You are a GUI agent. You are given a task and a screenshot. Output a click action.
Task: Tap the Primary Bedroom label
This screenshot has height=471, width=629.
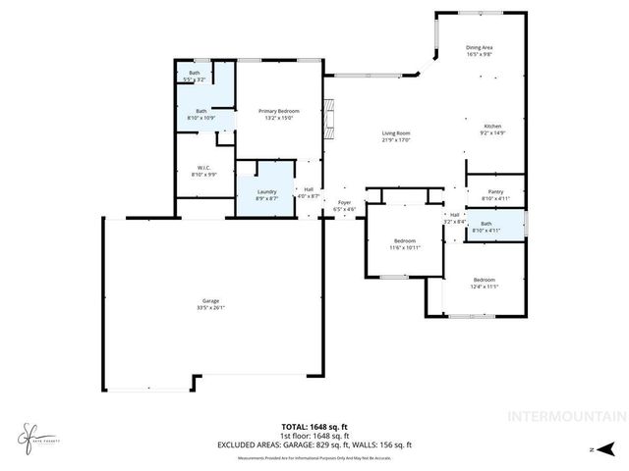click(279, 111)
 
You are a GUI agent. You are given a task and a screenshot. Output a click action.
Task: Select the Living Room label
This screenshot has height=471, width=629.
click(396, 133)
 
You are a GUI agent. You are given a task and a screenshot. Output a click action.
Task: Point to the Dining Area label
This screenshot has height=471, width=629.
click(480, 47)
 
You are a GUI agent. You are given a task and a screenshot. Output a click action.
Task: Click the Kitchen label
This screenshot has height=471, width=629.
click(492, 127)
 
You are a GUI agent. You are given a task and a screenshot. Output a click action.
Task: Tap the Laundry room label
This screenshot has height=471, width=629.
click(266, 191)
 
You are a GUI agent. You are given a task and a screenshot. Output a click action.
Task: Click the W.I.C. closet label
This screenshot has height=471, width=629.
click(204, 168)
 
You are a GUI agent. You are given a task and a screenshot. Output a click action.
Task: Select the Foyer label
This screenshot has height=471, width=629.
click(344, 204)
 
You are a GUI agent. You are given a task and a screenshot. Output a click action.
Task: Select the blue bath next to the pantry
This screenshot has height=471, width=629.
click(486, 227)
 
